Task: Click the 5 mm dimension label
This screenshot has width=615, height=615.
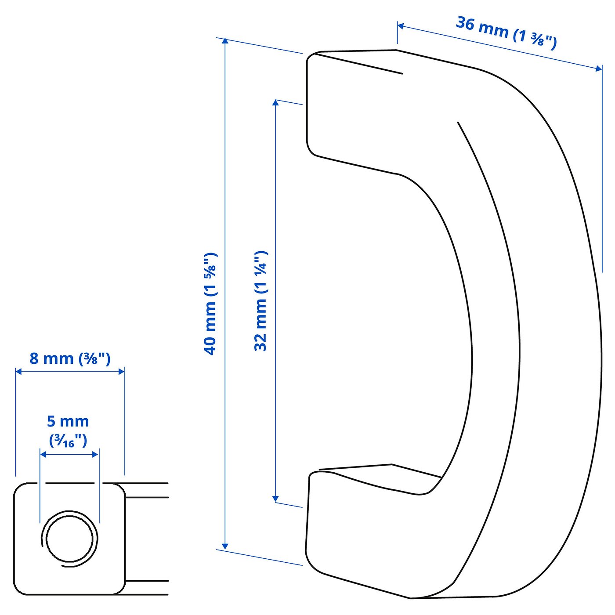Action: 68,421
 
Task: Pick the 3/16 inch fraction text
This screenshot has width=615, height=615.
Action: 68,440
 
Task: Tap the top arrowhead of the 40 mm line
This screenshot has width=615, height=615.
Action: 225,42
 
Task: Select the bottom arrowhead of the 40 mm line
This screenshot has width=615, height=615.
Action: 225,546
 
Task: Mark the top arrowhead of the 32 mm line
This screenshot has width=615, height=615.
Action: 275,103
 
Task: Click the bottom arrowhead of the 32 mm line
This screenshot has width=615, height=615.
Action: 275,499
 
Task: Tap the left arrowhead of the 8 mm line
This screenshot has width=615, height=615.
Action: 19,372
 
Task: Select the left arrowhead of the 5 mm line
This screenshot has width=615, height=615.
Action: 43,454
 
